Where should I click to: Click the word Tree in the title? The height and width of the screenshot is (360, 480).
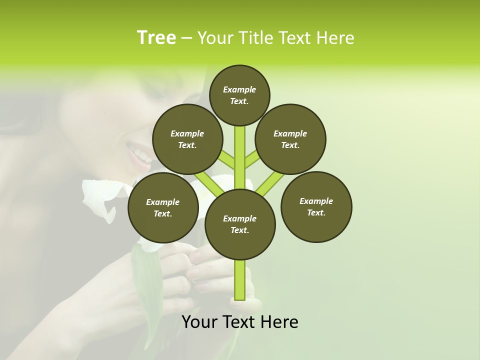156,38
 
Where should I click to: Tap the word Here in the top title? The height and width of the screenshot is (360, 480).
335,38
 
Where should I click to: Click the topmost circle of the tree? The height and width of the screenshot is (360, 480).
239,95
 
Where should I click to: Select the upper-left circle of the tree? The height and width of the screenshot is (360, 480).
187,139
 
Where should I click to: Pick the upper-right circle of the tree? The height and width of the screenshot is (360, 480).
290,139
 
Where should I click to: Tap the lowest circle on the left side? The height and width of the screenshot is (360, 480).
163,207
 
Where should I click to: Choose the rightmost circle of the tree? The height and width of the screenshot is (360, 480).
316,206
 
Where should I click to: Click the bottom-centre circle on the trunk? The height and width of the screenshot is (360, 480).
240,224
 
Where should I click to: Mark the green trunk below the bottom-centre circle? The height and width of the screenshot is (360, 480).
240,280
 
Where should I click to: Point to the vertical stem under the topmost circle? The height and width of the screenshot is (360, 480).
240,155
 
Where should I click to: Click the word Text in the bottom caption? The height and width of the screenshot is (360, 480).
239,322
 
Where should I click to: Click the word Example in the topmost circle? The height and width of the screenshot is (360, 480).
239,90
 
